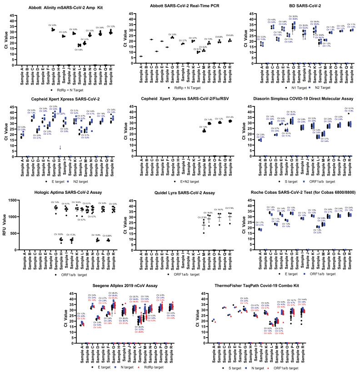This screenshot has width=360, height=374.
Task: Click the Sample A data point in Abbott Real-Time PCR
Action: tap(141, 56)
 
